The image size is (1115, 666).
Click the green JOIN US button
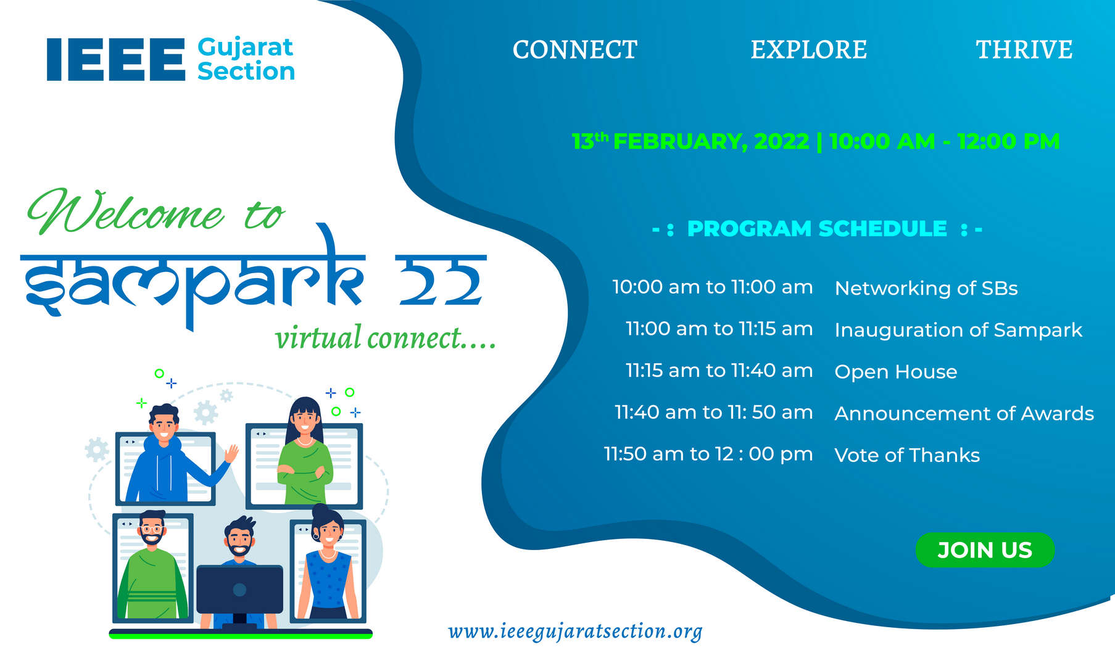[984, 549]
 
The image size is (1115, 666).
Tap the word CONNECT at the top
[574, 50]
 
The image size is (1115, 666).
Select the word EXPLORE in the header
[808, 50]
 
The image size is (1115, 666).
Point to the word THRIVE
[1024, 50]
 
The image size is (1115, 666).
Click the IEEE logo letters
[116, 59]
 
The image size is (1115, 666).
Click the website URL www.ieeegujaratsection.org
[575, 631]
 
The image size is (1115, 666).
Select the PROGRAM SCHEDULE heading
[817, 229]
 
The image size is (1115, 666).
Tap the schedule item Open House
[895, 372]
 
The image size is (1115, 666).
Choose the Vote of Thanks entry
[906, 455]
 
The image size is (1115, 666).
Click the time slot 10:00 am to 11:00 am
[712, 287]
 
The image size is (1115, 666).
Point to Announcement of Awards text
[964, 413]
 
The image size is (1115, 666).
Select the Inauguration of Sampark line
[958, 330]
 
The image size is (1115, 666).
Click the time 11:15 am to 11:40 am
[719, 371]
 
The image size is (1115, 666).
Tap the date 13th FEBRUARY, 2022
[690, 142]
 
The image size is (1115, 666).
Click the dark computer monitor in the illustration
[240, 589]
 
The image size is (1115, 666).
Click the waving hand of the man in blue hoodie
[231, 454]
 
